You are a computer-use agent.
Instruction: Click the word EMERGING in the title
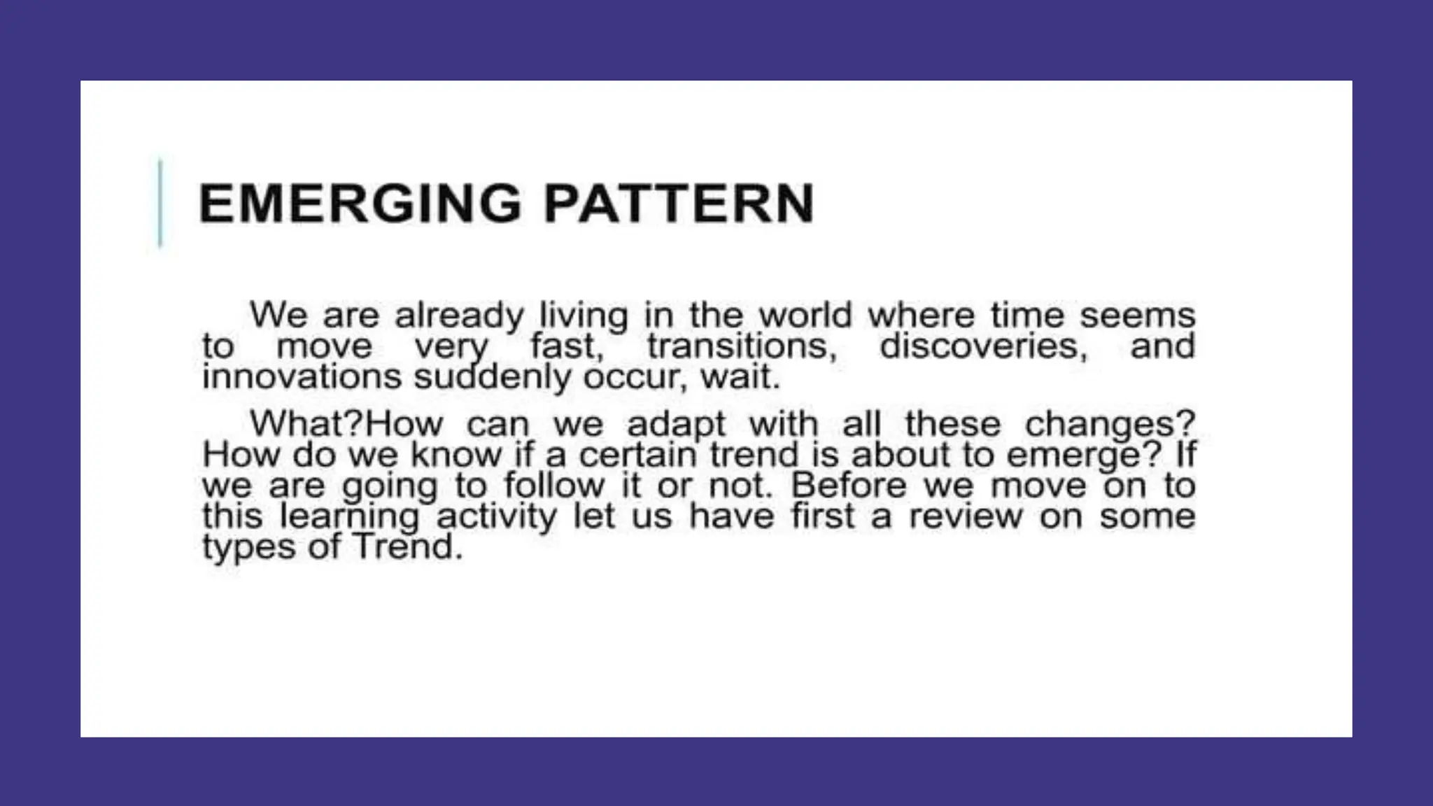pos(360,204)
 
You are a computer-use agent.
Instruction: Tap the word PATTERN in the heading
pos(679,204)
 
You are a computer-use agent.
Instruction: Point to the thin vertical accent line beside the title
pos(160,203)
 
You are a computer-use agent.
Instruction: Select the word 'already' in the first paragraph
pos(459,316)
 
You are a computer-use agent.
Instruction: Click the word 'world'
pos(805,315)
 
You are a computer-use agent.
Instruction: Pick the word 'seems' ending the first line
pos(1137,315)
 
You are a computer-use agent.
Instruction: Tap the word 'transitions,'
pos(742,346)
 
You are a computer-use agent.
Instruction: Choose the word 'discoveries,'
pos(983,346)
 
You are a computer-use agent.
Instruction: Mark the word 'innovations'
pos(302,376)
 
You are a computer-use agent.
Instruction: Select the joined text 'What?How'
pos(346,423)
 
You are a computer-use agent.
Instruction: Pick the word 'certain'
pos(637,455)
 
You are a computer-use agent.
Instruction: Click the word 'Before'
pos(848,486)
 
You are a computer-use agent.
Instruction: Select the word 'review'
pos(966,516)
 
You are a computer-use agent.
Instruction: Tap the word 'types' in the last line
pos(248,548)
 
